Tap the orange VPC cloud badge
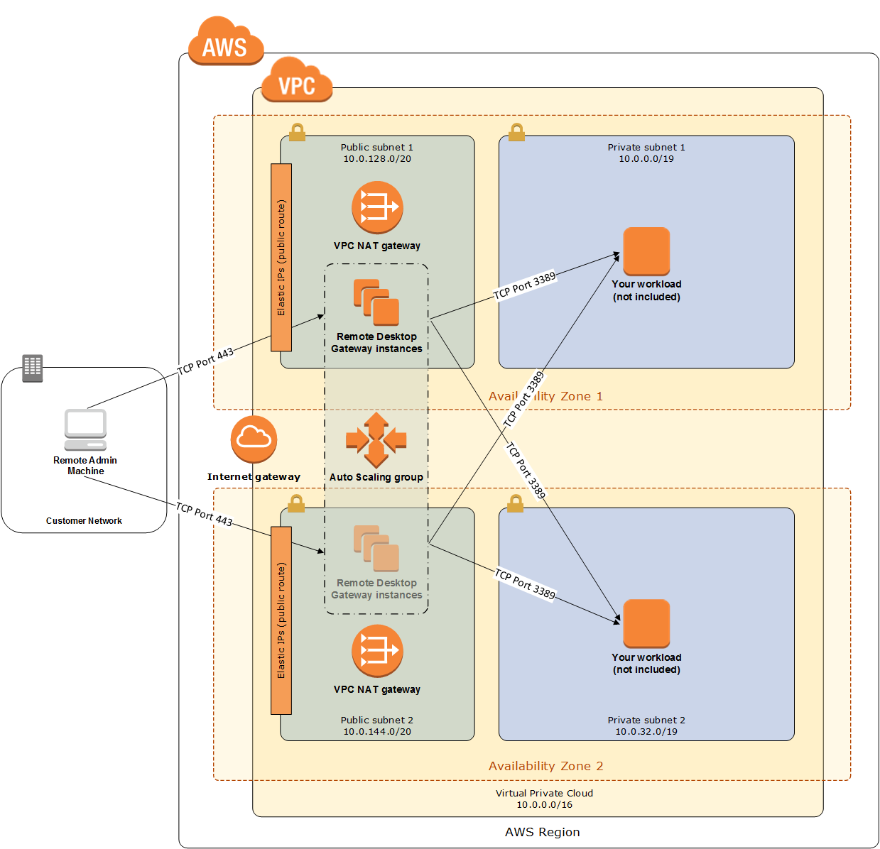297,80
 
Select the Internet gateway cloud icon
254,439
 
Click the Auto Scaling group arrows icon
376,439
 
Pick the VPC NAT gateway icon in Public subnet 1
377,207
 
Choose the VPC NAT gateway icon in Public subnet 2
377,650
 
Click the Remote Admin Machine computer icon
85,429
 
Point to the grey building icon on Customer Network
32,368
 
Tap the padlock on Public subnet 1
297,132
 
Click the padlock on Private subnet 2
515,503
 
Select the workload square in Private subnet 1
646,251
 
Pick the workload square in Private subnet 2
646,623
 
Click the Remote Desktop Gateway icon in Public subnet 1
376,302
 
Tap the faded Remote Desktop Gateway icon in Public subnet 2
376,548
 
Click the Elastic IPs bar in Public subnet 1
281,257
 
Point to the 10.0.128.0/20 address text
376,159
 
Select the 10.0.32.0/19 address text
646,731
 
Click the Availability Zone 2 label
545,765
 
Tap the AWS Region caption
542,831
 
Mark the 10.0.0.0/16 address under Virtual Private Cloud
544,804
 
